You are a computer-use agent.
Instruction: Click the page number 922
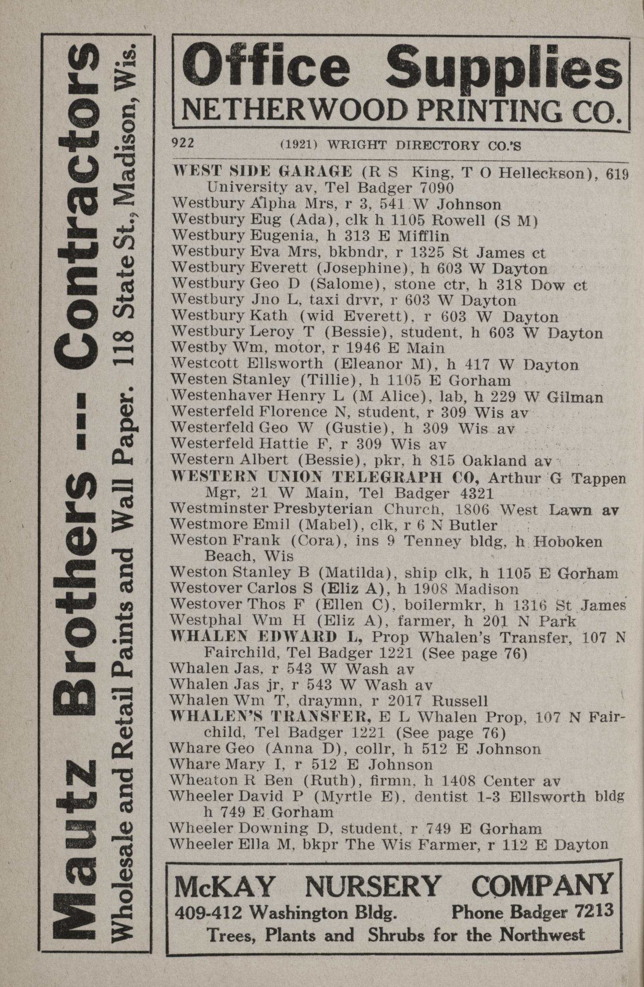pyautogui.click(x=183, y=143)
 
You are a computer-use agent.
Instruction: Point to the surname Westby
pyautogui.click(x=191, y=347)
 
